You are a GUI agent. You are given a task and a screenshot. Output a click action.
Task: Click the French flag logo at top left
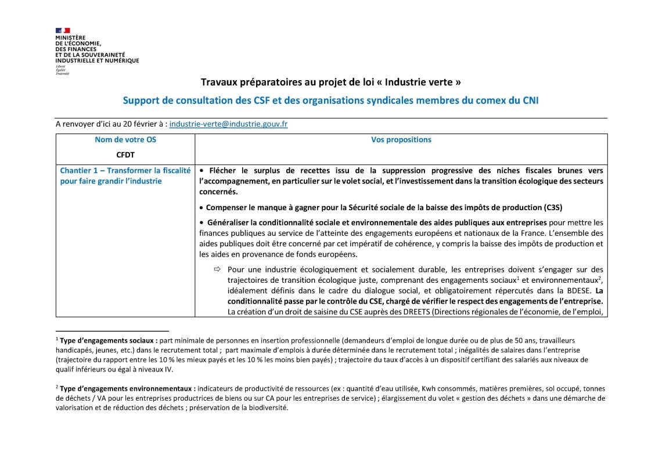(x=63, y=30)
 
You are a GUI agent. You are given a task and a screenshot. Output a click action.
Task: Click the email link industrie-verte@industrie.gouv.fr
(x=228, y=124)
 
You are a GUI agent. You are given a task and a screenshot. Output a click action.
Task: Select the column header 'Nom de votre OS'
(x=125, y=140)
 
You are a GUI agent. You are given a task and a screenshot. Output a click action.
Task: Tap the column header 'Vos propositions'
(x=401, y=140)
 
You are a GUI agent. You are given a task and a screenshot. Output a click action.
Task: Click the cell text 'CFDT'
(x=125, y=155)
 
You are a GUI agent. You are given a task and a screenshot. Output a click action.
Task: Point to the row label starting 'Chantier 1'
(x=125, y=176)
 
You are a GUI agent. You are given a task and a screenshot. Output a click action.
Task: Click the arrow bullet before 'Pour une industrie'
(x=218, y=269)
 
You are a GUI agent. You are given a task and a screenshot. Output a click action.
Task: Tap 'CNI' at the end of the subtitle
(x=530, y=100)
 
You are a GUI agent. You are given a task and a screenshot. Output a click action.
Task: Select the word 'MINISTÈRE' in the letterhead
(x=70, y=38)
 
